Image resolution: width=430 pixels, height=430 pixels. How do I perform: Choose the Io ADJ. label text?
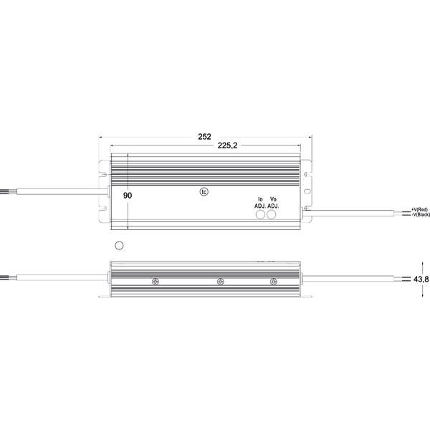pyautogui.click(x=260, y=202)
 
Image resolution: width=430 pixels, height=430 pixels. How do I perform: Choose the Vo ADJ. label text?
pyautogui.click(x=272, y=202)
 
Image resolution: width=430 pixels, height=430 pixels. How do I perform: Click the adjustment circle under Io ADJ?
pyautogui.click(x=260, y=214)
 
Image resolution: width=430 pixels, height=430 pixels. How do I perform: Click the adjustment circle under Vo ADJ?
pyautogui.click(x=272, y=214)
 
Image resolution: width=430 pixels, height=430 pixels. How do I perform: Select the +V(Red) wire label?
pyautogui.click(x=419, y=209)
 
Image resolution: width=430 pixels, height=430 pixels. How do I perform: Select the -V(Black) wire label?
pyautogui.click(x=419, y=214)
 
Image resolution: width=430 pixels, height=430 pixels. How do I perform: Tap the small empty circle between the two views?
pyautogui.click(x=120, y=246)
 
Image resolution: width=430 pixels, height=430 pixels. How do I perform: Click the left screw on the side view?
pyautogui.click(x=155, y=281)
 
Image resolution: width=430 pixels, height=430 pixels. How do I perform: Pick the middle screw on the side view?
pyautogui.click(x=221, y=281)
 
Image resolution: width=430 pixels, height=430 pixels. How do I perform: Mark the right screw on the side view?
pyautogui.click(x=273, y=281)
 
